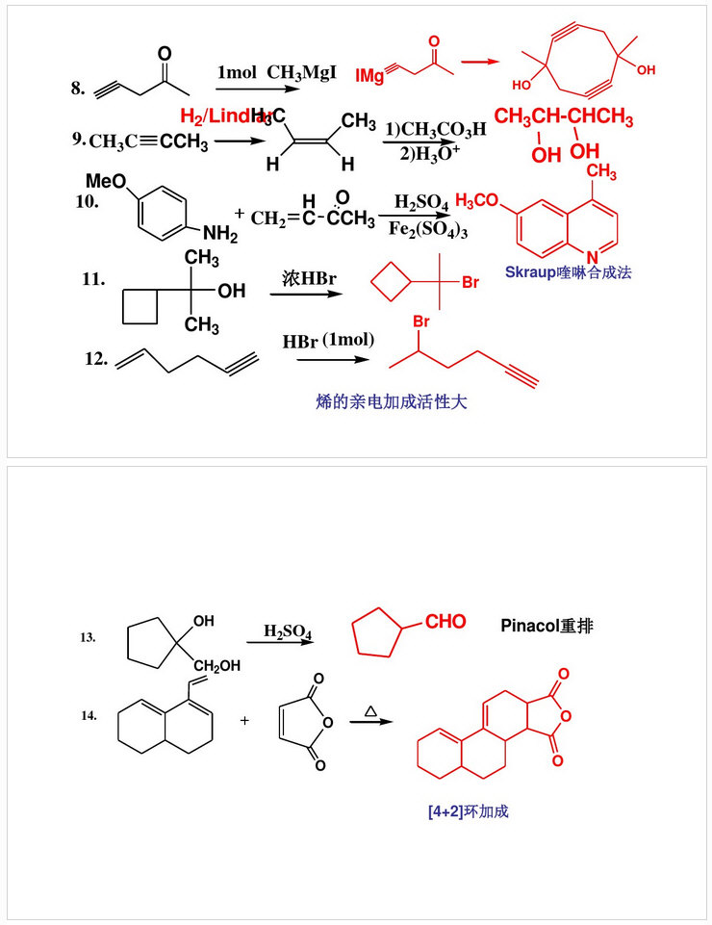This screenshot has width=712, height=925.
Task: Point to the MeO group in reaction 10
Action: coord(104,180)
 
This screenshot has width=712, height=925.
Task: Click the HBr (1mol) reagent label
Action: coord(328,341)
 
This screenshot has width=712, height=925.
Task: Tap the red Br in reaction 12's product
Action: coord(420,321)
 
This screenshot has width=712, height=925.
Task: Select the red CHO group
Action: coord(445,622)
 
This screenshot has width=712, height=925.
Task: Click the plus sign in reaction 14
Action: coord(244,718)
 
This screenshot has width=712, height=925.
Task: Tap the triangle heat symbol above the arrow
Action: coord(370,711)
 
